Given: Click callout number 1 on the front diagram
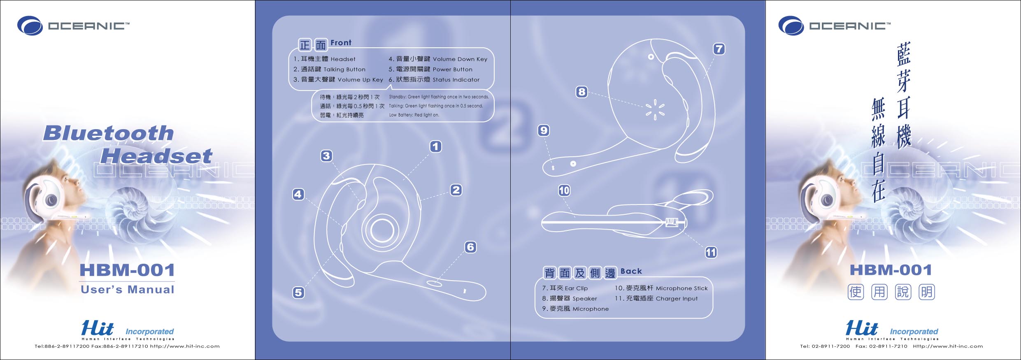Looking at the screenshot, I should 435,146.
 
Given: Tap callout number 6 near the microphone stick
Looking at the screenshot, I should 470,247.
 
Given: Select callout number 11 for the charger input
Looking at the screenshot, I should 711,252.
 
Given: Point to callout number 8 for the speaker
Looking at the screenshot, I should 581,92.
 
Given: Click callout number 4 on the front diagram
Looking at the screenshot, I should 298,194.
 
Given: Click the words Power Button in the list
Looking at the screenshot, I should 452,70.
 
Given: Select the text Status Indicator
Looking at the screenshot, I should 456,80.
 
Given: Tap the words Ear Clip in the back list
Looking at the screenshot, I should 576,288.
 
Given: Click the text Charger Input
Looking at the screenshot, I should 677,299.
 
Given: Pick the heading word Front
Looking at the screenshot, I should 341,43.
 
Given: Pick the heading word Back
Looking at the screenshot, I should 631,271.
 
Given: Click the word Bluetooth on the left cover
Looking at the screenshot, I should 109,133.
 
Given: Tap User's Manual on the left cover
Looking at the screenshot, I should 128,290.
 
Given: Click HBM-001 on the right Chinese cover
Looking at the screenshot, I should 891,270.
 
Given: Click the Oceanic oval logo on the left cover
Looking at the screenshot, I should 30,26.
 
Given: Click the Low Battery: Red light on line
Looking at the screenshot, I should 414,115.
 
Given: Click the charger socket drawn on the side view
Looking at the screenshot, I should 672,223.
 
